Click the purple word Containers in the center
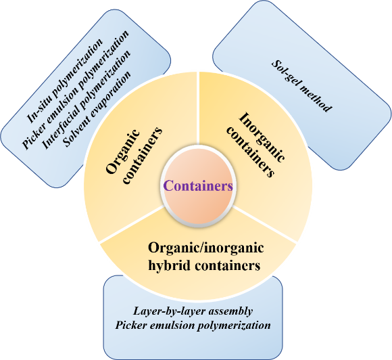coord(198,186)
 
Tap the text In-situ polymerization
coord(65,81)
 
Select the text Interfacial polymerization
coord(86,99)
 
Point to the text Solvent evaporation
coord(97,109)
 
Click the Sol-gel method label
coord(301,86)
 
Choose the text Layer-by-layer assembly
coord(193,311)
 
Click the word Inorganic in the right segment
coord(262,137)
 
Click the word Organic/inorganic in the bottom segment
coord(205,248)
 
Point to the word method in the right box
coord(316,98)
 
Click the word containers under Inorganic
coord(250,153)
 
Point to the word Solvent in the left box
coord(74,133)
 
